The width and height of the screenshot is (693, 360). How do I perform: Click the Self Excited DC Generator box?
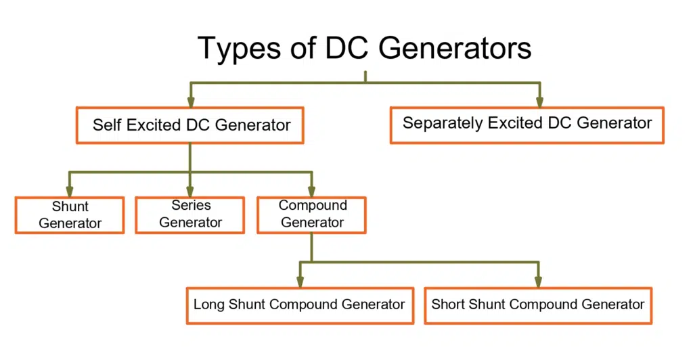[x=191, y=125]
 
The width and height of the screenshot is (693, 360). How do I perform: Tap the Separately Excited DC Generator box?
[x=527, y=124]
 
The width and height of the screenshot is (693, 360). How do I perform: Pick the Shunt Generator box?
[x=70, y=215]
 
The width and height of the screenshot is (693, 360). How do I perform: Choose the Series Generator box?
[x=190, y=215]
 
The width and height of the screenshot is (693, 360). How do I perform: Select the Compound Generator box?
[x=312, y=215]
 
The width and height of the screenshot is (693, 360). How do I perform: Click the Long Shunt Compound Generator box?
[x=299, y=305]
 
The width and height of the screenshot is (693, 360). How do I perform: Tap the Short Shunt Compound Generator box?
[x=538, y=305]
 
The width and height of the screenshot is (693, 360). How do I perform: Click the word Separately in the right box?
[x=437, y=123]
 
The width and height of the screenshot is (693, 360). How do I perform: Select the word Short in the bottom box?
[x=448, y=304]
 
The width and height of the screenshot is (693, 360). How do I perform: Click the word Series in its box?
[x=191, y=206]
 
